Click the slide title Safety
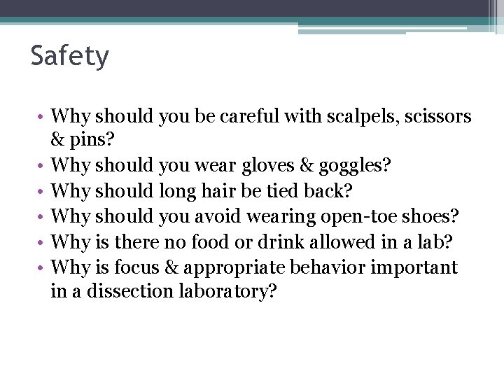point(70,57)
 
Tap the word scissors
point(438,116)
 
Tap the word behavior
point(328,267)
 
